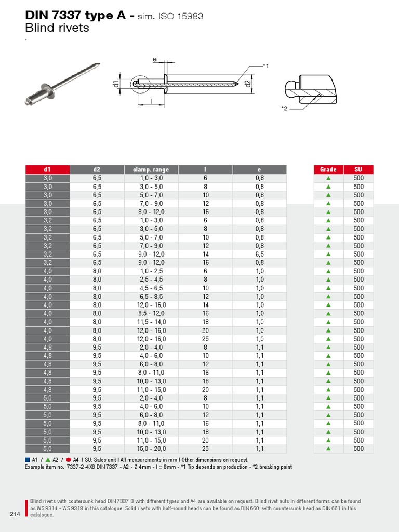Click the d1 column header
point(47,169)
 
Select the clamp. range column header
point(151,169)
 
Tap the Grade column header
point(328,169)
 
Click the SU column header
point(358,169)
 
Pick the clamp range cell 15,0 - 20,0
point(151,449)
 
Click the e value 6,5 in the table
point(259,254)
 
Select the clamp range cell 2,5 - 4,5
point(151,280)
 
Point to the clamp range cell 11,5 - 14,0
point(151,322)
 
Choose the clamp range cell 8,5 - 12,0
point(151,313)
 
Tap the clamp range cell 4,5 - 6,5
point(151,288)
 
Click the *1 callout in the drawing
point(265,66)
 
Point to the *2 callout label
point(284,108)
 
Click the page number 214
point(15,514)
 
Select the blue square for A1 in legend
point(28,460)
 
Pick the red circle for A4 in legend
point(68,460)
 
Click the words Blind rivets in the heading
point(57,28)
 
